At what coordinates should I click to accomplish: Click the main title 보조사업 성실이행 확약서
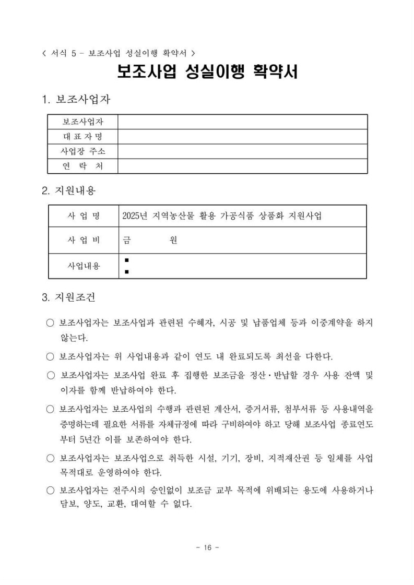tap(207, 72)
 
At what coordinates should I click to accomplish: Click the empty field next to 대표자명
tap(242, 137)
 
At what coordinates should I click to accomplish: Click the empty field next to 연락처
tap(242, 166)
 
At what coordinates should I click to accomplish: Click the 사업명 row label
tap(83, 216)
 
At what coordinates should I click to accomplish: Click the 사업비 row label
tap(83, 241)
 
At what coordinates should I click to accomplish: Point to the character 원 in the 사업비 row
tap(173, 241)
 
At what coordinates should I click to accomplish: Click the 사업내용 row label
tap(83, 266)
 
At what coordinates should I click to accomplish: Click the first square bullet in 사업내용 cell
tap(127, 260)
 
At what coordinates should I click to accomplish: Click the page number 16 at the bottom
tap(207, 547)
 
